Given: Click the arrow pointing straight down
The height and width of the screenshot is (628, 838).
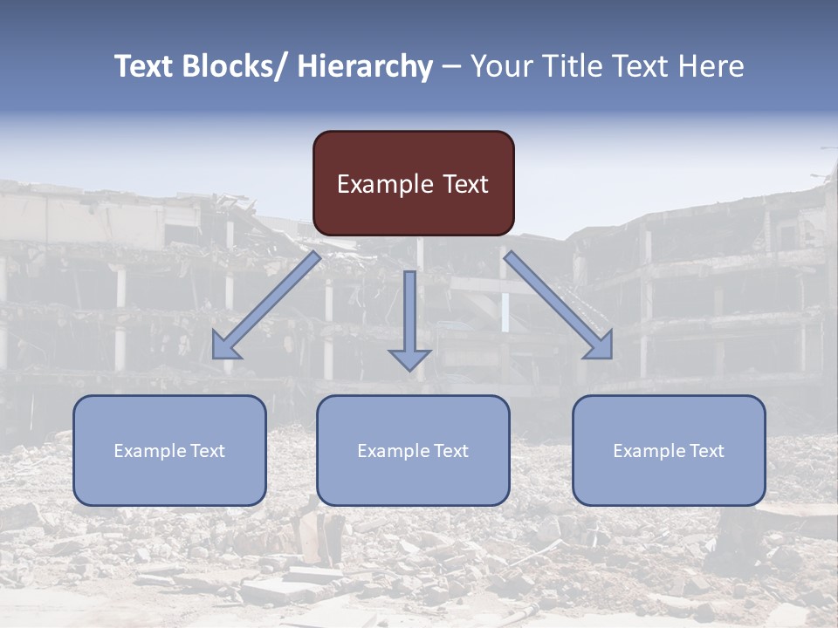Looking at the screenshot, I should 409,318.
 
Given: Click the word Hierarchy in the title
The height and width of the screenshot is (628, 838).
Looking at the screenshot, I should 366,66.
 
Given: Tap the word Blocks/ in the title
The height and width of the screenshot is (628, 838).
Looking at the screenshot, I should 238,66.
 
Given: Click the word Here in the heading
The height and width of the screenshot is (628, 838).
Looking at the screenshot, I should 712,66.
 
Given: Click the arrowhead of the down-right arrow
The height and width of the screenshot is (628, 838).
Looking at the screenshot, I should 601,346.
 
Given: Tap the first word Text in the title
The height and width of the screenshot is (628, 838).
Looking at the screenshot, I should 144,66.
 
